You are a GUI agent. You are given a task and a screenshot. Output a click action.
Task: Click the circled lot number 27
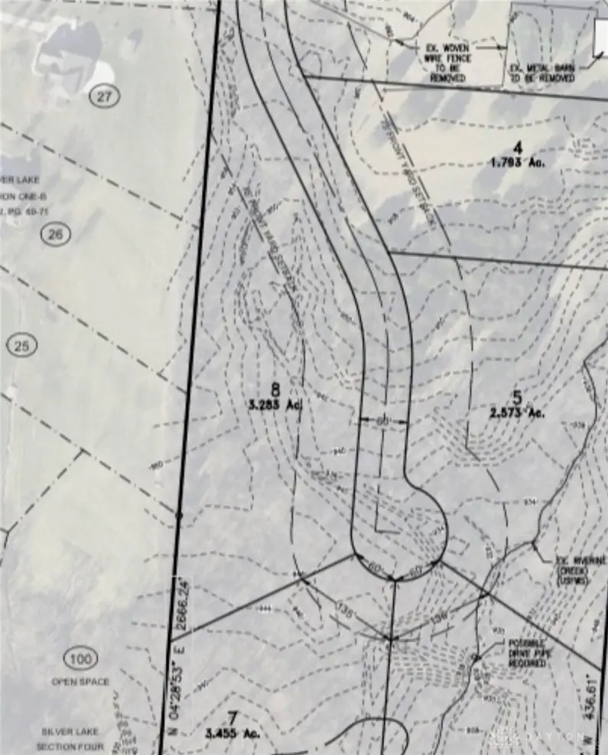coord(105,96)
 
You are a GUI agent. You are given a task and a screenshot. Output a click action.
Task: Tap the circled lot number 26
coord(55,235)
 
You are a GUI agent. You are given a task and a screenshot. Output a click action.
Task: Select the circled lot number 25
coord(21,347)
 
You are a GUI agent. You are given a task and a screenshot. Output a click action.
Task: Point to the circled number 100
coord(82,659)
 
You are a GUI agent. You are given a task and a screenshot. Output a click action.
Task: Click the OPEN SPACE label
coord(80,682)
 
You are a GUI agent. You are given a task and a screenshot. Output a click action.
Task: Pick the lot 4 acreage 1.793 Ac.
coord(518,161)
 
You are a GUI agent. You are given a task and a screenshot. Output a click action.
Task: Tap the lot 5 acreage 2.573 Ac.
coord(517,412)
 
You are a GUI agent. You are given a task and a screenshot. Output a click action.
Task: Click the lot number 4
coord(517,147)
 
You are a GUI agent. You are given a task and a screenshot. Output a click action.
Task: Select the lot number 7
coord(234,718)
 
